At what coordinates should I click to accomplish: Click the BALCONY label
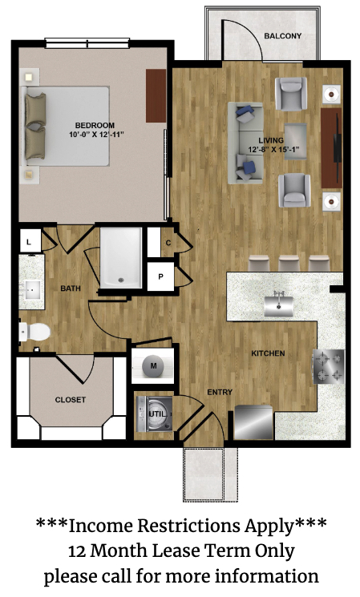(x=283, y=36)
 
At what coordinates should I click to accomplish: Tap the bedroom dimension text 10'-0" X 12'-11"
(x=97, y=135)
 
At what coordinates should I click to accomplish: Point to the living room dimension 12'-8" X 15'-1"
(x=272, y=150)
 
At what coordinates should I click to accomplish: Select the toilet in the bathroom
(x=34, y=332)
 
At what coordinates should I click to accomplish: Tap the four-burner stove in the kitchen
(x=329, y=367)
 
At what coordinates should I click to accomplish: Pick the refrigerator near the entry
(x=253, y=422)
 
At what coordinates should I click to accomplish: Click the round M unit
(x=153, y=366)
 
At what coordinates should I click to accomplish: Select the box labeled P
(x=160, y=276)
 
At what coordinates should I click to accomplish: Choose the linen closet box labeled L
(x=30, y=242)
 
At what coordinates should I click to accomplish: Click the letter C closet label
(x=168, y=243)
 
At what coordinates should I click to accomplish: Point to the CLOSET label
(x=71, y=400)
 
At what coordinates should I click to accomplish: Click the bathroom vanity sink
(x=32, y=290)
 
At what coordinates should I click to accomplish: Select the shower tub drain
(x=121, y=280)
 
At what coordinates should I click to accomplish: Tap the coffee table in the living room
(x=296, y=141)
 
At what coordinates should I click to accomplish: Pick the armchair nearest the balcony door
(x=291, y=94)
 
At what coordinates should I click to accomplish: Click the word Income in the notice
(x=100, y=526)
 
